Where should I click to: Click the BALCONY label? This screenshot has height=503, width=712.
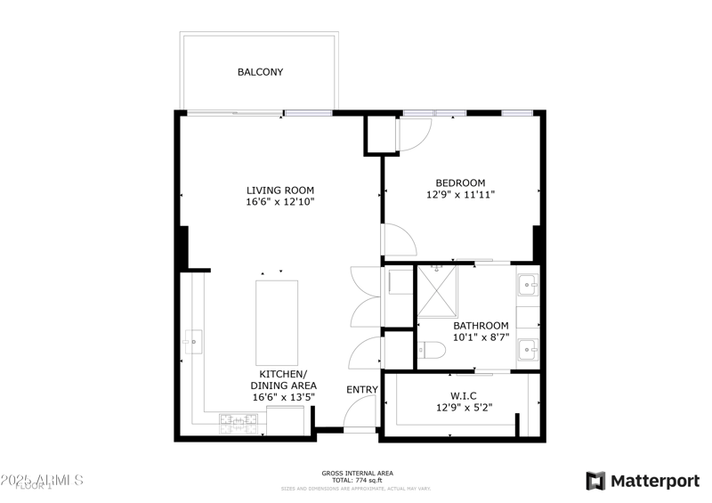[260, 72]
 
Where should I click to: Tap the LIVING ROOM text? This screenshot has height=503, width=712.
[280, 190]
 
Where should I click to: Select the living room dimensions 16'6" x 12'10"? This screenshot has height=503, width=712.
[280, 202]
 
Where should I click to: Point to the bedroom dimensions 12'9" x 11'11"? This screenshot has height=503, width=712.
[460, 194]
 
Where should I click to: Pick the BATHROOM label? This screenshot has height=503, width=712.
[481, 326]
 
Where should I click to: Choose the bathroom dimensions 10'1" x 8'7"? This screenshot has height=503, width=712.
[481, 338]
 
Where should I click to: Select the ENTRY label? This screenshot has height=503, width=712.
[362, 389]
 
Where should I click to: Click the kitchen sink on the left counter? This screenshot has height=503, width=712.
[193, 339]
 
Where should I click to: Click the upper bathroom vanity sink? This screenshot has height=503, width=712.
[527, 287]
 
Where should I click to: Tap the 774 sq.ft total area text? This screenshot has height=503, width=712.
[357, 481]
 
